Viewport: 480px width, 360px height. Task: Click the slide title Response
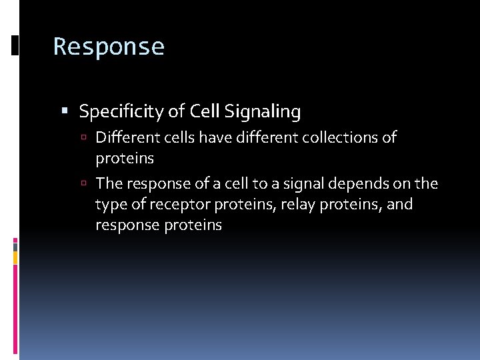[109, 47]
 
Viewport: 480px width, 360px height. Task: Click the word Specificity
[122, 111]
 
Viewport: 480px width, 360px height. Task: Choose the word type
[111, 204]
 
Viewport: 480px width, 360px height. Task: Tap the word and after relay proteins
[399, 204]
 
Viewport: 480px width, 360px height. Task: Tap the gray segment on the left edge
[15, 246]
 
